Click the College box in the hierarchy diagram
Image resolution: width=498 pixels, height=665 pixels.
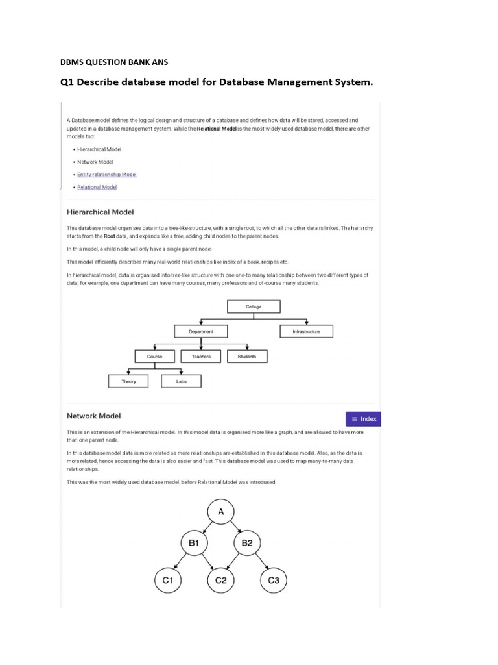(254, 307)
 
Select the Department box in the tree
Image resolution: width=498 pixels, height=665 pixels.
(202, 331)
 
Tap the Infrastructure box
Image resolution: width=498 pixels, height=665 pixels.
(307, 331)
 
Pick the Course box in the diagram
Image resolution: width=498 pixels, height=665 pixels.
(155, 357)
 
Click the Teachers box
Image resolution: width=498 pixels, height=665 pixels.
(201, 357)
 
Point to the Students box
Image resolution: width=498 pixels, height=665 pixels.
(247, 357)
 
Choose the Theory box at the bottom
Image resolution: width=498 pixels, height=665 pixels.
(129, 381)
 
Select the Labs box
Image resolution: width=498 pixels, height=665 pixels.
(181, 381)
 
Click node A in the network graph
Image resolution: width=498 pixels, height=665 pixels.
(221, 512)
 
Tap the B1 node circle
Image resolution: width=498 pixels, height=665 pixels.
(194, 542)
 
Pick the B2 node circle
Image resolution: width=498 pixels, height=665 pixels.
(247, 542)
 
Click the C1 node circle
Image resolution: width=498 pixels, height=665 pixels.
(168, 579)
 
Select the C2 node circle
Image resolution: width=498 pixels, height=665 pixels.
(221, 579)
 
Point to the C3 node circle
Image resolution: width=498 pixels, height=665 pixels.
(274, 579)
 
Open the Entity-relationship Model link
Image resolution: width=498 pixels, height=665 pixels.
(107, 175)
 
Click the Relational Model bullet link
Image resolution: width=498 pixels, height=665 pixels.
(97, 187)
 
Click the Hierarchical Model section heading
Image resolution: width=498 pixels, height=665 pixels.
(101, 212)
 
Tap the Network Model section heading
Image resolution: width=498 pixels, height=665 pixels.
(94, 416)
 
